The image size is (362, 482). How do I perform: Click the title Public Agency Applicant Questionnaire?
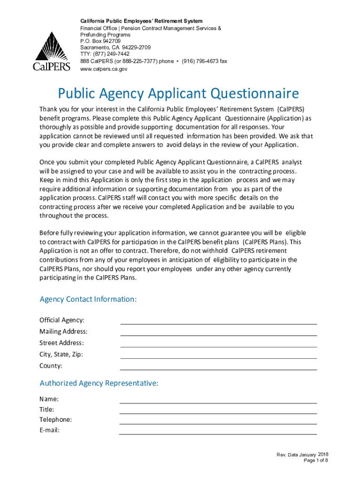tap(178, 94)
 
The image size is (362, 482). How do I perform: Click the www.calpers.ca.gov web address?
tap(103, 69)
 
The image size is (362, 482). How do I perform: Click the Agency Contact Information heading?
tap(88, 299)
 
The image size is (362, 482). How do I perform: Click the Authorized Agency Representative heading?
tap(99, 384)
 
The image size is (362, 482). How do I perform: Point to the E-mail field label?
tap(49, 430)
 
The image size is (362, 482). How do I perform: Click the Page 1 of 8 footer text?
tap(315, 460)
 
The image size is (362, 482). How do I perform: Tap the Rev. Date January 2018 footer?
tap(302, 454)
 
